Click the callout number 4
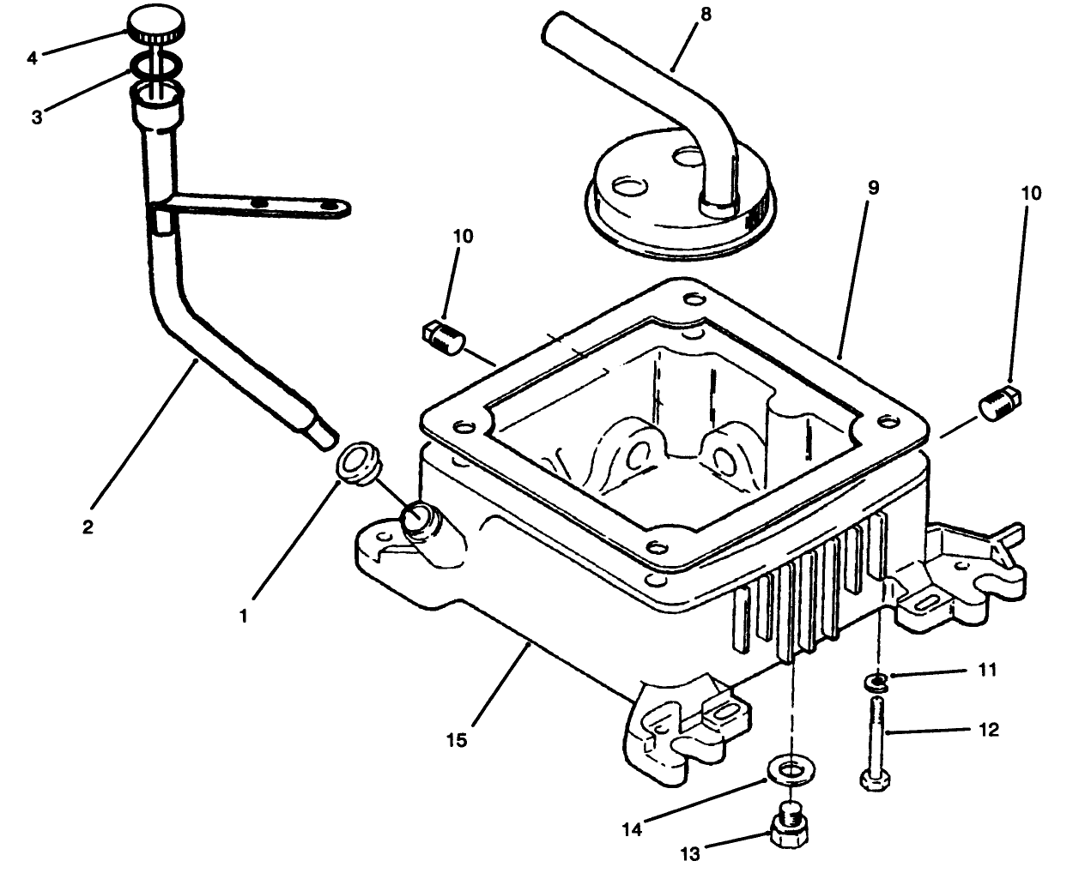tap(33, 58)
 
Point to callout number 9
tap(872, 187)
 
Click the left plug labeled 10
tap(444, 335)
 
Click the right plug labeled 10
tap(998, 401)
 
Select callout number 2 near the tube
tap(87, 527)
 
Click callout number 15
tap(457, 739)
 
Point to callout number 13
tap(689, 853)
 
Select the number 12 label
tap(987, 730)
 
